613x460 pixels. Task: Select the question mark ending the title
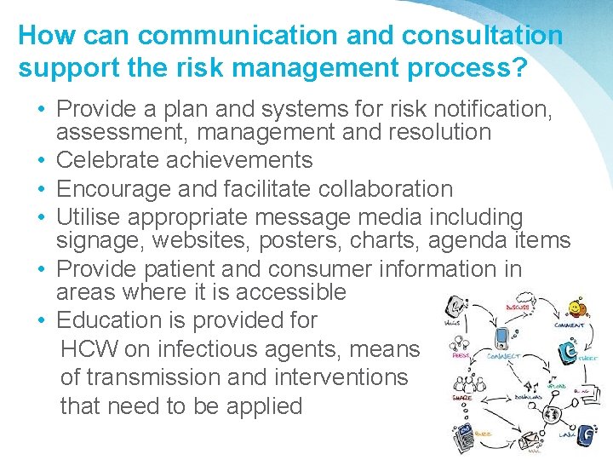point(518,67)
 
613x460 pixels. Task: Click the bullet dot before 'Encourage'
point(42,189)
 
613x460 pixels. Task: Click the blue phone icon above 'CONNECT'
point(501,338)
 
